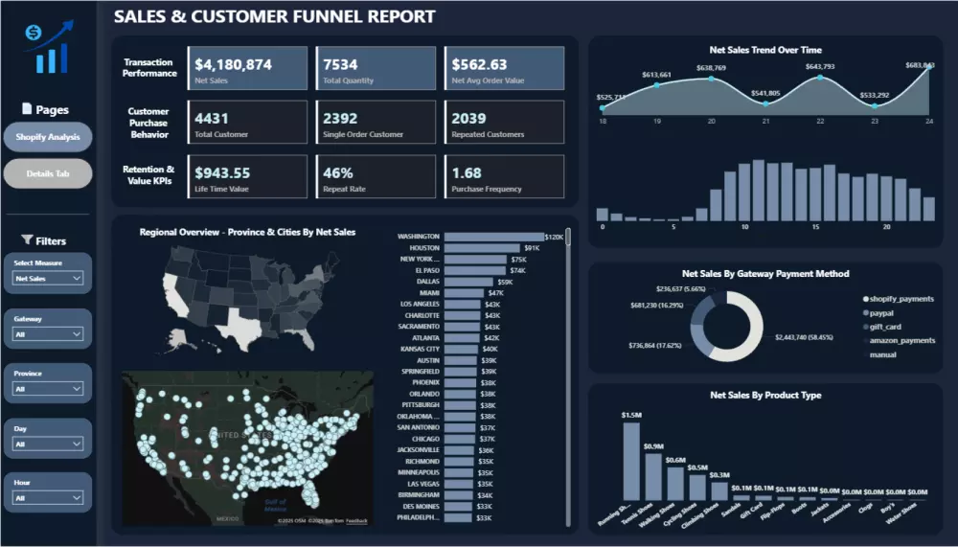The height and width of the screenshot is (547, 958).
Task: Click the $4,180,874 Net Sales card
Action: tap(248, 68)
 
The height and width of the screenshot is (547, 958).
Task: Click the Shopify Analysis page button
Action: tap(48, 137)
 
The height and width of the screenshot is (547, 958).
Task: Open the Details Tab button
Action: tap(48, 173)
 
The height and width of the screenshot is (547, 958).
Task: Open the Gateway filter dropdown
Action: tap(48, 334)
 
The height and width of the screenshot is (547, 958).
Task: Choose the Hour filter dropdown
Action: tap(48, 498)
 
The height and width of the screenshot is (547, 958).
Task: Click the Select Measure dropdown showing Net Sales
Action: tap(48, 279)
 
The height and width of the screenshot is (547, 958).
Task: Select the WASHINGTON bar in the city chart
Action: tap(492, 237)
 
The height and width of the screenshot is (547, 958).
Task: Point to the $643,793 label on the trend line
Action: tap(820, 66)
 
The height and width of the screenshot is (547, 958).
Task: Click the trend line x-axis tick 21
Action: tap(766, 122)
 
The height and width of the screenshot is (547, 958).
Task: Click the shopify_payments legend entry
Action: tap(901, 299)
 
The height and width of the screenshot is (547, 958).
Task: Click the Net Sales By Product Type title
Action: tap(765, 395)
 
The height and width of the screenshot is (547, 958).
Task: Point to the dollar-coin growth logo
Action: tap(47, 49)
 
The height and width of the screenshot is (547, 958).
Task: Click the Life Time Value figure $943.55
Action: tap(222, 173)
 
